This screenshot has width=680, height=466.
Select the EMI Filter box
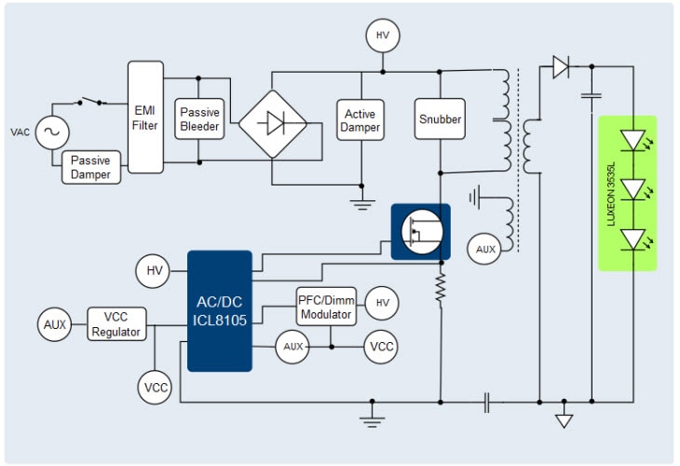coord(144,117)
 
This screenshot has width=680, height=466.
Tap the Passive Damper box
coord(91,167)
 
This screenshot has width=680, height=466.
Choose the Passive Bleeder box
coord(199,119)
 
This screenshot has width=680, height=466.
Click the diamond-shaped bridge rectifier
coord(273,123)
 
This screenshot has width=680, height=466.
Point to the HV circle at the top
coord(382,36)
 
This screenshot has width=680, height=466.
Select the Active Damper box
coord(360,120)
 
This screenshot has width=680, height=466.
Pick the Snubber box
coord(440,119)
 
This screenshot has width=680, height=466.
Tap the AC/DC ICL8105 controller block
coord(220,310)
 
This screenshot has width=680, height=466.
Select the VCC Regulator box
coord(116,325)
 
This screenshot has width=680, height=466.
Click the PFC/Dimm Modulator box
coord(325,307)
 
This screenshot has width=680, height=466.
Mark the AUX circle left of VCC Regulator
coord(55,324)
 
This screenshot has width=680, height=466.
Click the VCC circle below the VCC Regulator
coord(156,387)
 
